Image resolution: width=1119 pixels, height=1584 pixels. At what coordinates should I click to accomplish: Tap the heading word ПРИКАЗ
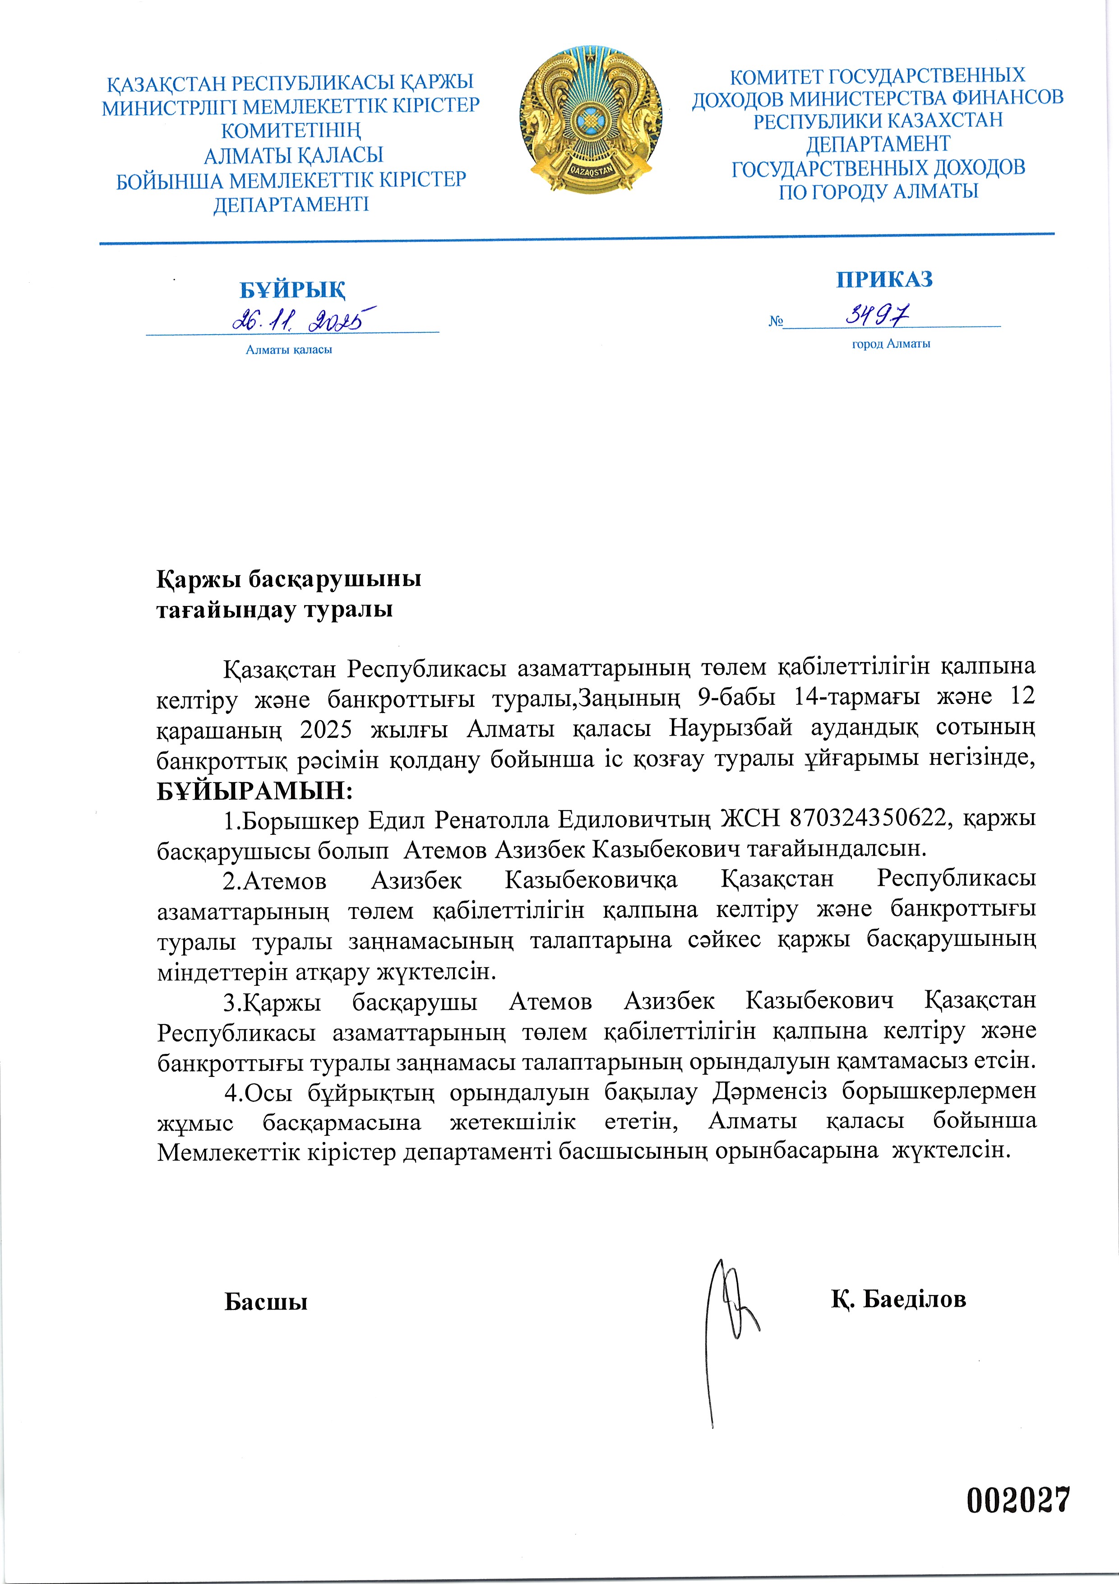pyautogui.click(x=884, y=280)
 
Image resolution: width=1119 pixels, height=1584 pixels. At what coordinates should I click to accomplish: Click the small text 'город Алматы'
pyautogui.click(x=891, y=344)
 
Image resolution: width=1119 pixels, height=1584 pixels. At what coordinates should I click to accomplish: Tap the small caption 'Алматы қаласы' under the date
pyautogui.click(x=289, y=350)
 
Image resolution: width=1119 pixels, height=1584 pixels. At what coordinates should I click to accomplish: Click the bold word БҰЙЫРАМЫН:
pyautogui.click(x=254, y=790)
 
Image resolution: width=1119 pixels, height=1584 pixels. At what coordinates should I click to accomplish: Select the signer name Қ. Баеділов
pyautogui.click(x=898, y=1299)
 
